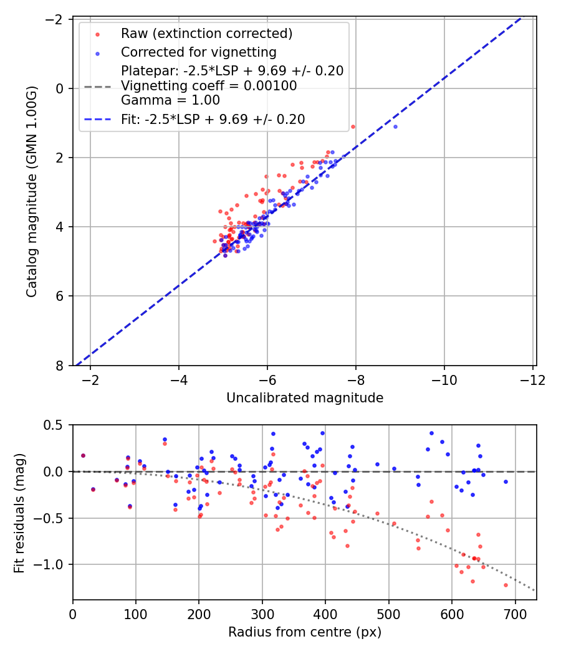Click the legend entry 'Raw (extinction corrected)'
click(206, 33)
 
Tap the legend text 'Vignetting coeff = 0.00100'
click(209, 86)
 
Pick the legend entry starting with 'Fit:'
click(213, 119)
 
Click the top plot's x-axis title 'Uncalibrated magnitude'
click(304, 397)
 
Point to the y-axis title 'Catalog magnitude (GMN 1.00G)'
click(32, 192)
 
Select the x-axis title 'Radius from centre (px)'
click(304, 632)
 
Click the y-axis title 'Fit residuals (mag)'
click(19, 512)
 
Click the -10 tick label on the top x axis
click(444, 380)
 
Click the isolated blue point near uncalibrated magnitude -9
click(395, 126)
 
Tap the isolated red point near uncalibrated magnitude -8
click(353, 126)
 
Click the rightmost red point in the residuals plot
click(506, 585)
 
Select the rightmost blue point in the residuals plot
click(506, 481)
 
